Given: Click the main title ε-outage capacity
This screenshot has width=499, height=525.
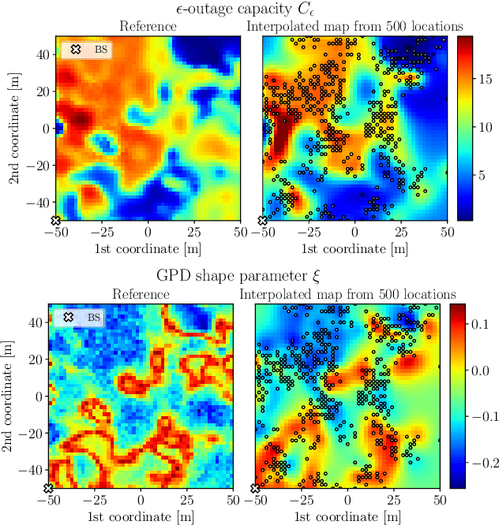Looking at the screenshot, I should [249, 9].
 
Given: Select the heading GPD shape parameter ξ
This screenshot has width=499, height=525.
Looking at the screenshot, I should [249, 277].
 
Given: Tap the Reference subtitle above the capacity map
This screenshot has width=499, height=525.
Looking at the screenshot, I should [148, 26].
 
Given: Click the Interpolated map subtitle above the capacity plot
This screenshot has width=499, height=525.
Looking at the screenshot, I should [355, 26].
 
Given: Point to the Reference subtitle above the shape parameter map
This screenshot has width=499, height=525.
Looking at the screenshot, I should [141, 294].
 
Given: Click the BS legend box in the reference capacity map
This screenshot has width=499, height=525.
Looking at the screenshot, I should [87, 50].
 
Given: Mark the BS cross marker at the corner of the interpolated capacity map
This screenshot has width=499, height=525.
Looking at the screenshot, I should [263, 221].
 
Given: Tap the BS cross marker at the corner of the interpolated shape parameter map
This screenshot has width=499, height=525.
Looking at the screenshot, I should [255, 489].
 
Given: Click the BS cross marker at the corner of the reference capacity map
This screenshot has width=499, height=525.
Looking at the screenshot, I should [55, 221].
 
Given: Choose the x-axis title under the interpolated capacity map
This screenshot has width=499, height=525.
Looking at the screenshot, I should [355, 249].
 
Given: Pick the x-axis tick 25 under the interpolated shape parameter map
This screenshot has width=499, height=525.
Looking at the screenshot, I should [394, 501].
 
